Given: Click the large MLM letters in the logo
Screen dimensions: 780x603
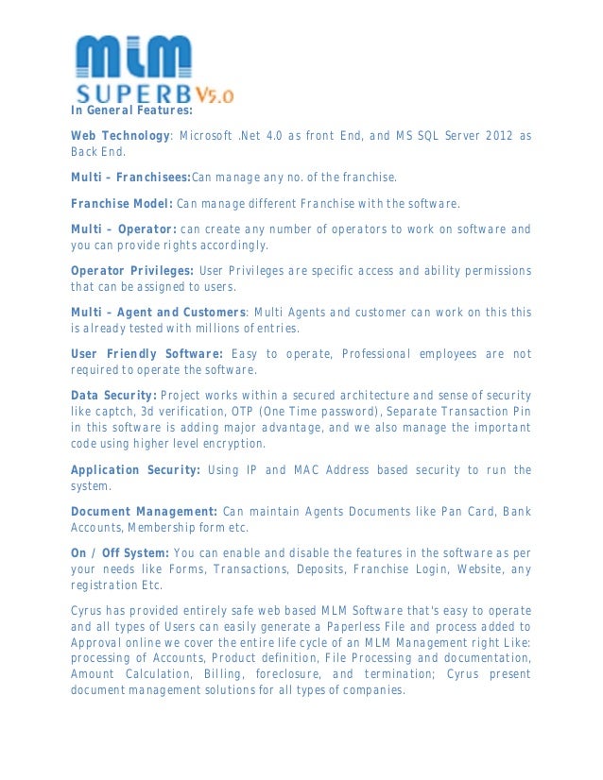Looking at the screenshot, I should (133, 58).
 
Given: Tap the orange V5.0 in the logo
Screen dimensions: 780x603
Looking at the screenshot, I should (215, 94).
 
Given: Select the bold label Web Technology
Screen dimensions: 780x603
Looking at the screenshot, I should (120, 136).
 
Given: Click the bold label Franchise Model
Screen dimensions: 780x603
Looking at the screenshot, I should (121, 203).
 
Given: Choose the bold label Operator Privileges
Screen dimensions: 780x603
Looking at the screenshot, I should (132, 271).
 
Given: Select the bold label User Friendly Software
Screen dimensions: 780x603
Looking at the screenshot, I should (146, 354).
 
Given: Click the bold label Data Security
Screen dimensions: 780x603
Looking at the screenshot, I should (113, 395).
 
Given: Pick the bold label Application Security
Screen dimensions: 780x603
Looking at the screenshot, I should (135, 469).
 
